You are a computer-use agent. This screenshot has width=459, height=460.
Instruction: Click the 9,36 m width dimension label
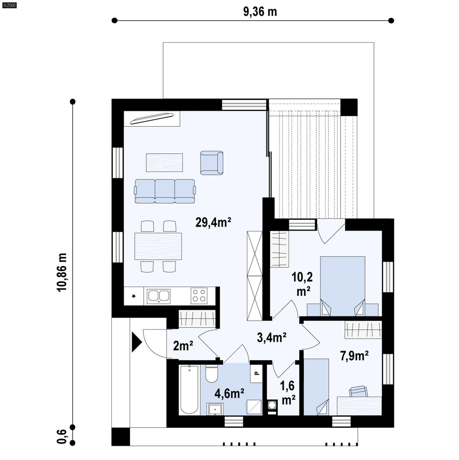tap(260, 12)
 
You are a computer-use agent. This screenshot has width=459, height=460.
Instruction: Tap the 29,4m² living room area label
tap(213, 222)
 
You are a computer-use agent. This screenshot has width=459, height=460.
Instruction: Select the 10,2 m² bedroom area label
tap(302, 284)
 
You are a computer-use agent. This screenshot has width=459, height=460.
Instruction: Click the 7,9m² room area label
tap(354, 356)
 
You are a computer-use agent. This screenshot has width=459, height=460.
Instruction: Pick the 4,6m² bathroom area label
tap(229, 393)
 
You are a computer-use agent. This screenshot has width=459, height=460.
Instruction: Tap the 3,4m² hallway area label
tap(271, 338)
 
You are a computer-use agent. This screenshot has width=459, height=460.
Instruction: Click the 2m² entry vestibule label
tap(183, 346)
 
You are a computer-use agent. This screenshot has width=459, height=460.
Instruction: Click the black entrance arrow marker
tap(136, 342)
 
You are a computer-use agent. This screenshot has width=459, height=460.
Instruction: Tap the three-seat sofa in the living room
tap(165, 191)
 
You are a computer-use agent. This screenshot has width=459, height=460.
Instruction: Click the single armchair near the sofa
tap(212, 163)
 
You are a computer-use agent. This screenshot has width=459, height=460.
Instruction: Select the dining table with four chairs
tap(158, 246)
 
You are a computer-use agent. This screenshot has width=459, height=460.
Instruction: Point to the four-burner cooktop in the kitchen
tap(199, 295)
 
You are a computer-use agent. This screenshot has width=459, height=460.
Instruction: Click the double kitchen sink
tap(158, 296)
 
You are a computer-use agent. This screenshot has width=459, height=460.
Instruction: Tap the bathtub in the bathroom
tap(189, 390)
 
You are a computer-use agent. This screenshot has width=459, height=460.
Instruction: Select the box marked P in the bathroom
tap(256, 373)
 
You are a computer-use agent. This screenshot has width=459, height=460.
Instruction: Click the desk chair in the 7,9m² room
tap(358, 391)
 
